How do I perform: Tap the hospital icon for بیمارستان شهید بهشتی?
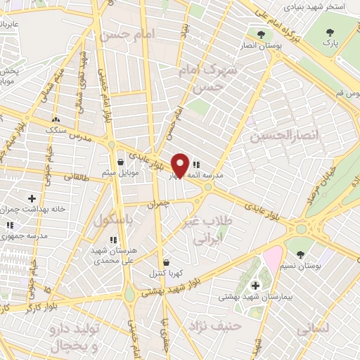255,285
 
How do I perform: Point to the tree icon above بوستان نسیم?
302,255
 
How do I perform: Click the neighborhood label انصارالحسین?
280,135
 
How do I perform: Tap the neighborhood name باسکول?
110,220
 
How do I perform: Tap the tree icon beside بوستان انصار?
262,34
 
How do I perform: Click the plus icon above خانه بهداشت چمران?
31,199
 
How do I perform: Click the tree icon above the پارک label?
330,31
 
